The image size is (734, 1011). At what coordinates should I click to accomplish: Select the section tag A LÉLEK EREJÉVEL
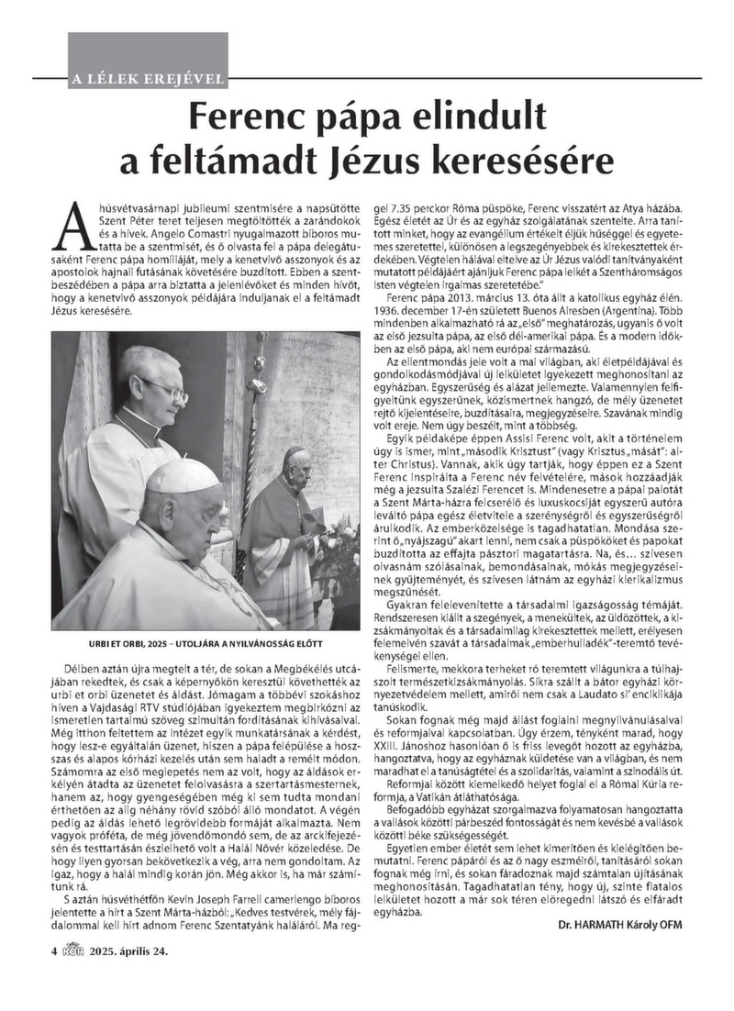click(147, 78)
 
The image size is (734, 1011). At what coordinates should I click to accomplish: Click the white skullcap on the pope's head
click(183, 476)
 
